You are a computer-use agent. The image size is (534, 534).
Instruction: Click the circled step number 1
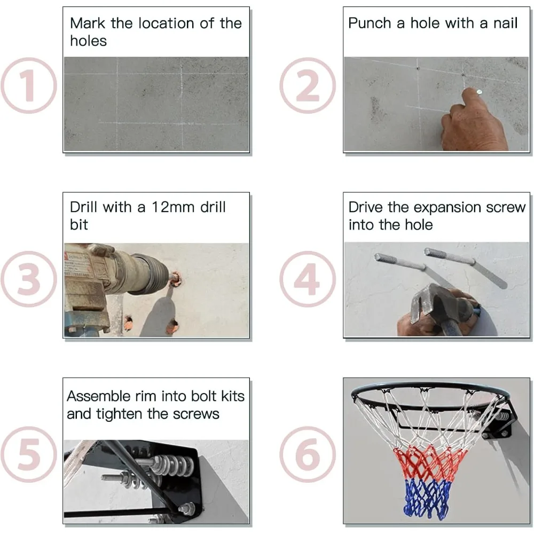point(29,85)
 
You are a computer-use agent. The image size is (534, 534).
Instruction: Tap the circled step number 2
point(308,85)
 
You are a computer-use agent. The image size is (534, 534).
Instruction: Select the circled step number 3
point(29,279)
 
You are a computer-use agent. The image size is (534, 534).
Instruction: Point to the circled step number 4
point(308,279)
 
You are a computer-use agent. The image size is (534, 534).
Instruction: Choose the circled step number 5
point(29,454)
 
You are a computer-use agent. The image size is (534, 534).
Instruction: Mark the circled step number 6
point(308,454)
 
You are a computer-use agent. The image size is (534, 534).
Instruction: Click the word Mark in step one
point(88,23)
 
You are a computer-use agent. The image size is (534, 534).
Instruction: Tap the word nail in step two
point(505,23)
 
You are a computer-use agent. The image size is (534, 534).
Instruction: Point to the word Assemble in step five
point(99,396)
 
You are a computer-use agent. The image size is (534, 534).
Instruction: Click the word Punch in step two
point(370,23)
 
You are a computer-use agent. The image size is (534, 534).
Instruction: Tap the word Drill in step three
point(83,207)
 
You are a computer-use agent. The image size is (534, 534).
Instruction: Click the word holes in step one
point(88,41)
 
